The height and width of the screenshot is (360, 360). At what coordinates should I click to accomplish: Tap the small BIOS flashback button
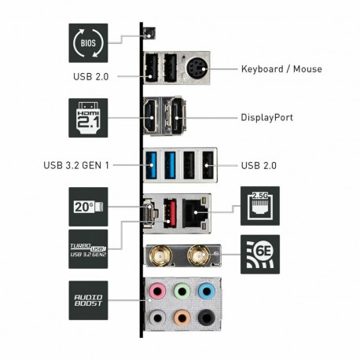149,34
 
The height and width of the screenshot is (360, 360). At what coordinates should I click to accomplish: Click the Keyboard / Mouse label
281,69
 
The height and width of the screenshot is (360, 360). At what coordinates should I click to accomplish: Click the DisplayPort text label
266,118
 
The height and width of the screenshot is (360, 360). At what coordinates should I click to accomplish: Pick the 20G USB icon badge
88,207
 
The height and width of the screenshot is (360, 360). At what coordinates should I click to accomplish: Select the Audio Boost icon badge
88,299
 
